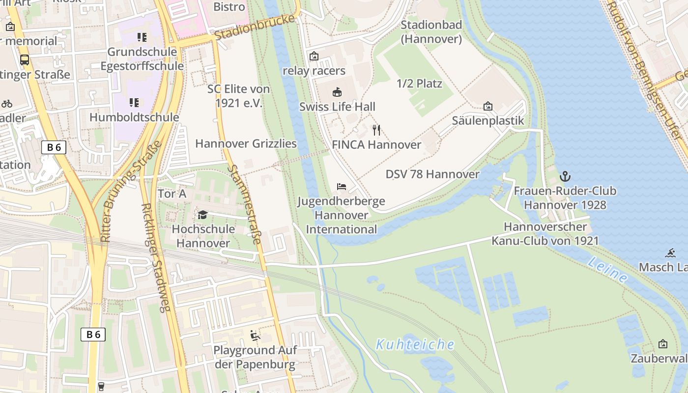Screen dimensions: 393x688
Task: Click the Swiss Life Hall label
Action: pyautogui.click(x=337, y=107)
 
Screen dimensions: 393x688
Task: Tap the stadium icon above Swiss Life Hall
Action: pyautogui.click(x=337, y=92)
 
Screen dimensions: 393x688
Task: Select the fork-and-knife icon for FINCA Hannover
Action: pyautogui.click(x=376, y=130)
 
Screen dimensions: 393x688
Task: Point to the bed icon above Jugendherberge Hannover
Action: pyautogui.click(x=342, y=187)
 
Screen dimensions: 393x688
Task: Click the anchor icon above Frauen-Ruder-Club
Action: pyautogui.click(x=565, y=176)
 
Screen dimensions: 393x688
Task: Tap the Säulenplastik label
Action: pyautogui.click(x=487, y=121)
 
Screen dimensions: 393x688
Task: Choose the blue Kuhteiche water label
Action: pyautogui.click(x=415, y=344)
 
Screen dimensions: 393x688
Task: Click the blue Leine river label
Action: pyautogui.click(x=607, y=270)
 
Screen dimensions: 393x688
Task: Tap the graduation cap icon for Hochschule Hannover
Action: pyautogui.click(x=202, y=215)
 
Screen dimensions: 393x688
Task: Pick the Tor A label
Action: pyautogui.click(x=172, y=194)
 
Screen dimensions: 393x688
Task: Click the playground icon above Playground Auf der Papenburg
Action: pyautogui.click(x=255, y=336)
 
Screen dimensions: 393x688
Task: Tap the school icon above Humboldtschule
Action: pyautogui.click(x=134, y=103)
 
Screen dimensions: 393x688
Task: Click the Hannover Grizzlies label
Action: pyautogui.click(x=246, y=143)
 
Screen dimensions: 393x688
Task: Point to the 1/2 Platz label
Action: pyautogui.click(x=419, y=84)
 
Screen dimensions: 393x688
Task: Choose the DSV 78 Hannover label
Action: pyautogui.click(x=432, y=174)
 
